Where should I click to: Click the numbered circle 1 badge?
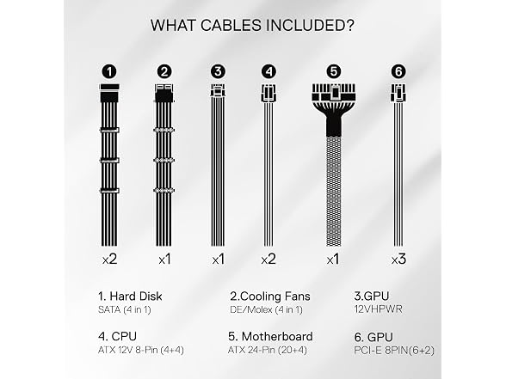109,71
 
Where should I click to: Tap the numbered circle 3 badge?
218,71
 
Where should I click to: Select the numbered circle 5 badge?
334,71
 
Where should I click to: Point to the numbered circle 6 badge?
398,71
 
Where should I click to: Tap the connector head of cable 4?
268,93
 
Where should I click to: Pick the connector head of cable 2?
164,93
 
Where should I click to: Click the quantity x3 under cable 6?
398,260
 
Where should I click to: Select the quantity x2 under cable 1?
109,260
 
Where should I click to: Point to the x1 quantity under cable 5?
333,260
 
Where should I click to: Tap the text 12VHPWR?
379,309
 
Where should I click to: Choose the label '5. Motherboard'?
270,337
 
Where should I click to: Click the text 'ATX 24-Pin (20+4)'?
268,350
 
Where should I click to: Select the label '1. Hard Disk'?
130,296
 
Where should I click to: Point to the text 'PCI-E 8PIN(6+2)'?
394,351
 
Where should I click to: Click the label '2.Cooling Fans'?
270,296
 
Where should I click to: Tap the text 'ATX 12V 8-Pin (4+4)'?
141,350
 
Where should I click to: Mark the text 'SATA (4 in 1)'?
125,309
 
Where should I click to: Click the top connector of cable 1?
110,93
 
